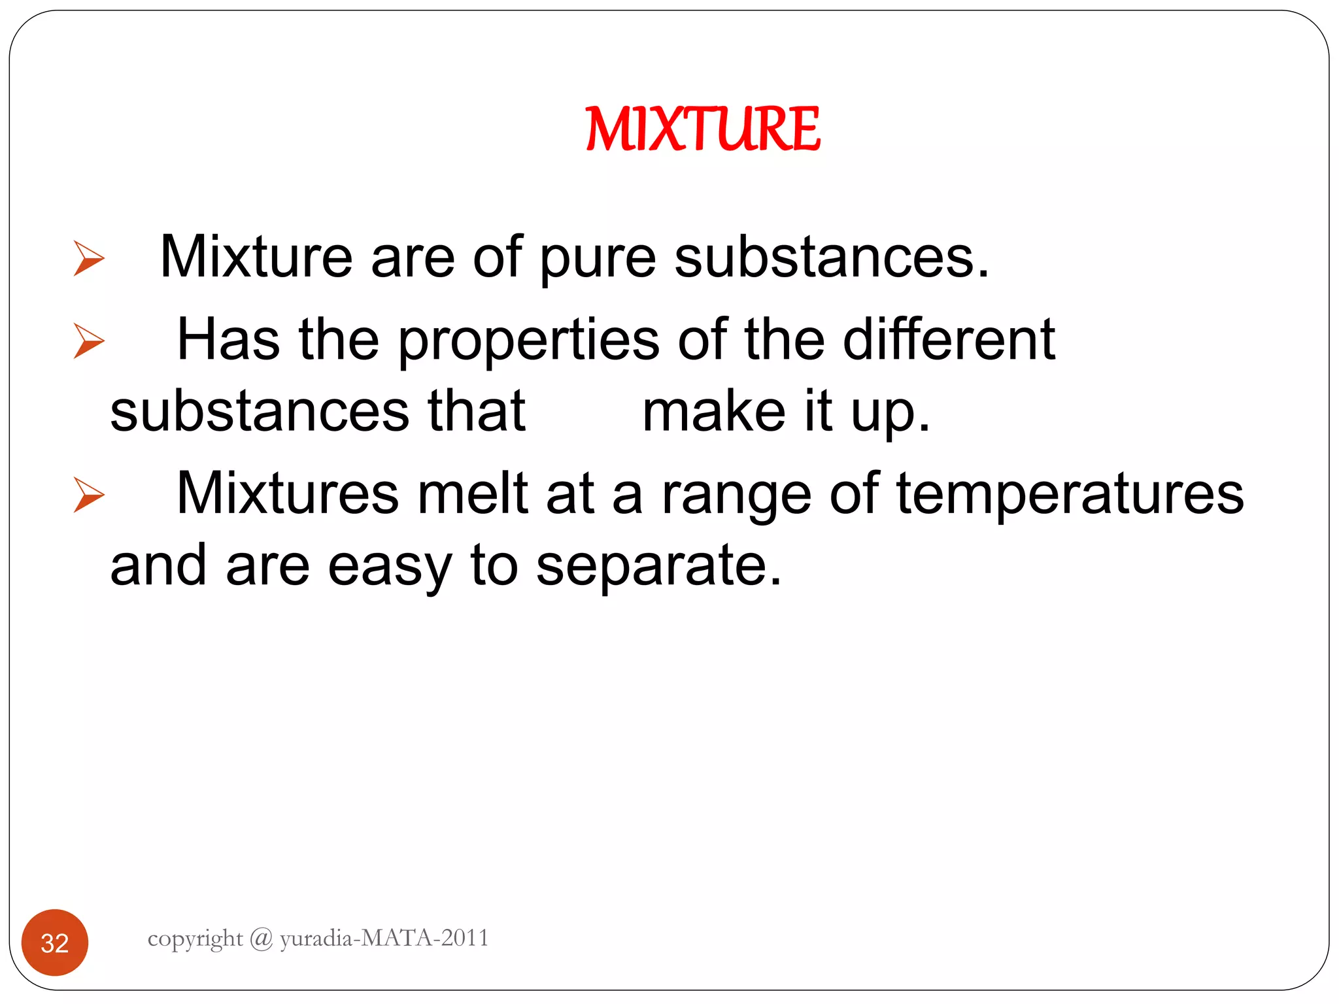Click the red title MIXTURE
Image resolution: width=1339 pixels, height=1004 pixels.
703,129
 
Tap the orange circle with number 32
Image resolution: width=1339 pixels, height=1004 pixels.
55,943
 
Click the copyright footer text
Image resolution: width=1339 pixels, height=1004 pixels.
318,938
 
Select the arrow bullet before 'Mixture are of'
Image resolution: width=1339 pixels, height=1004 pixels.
89,258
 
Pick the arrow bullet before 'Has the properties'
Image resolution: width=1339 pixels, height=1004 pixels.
89,341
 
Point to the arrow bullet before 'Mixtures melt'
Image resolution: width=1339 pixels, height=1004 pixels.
89,495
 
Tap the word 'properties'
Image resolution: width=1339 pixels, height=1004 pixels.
528,340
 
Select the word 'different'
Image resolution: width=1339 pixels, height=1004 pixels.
949,340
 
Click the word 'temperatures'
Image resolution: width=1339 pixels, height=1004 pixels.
1070,494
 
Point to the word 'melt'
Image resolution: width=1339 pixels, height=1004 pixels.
473,494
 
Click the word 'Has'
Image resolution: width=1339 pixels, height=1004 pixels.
229,340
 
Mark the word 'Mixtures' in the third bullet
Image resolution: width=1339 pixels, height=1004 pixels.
288,494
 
